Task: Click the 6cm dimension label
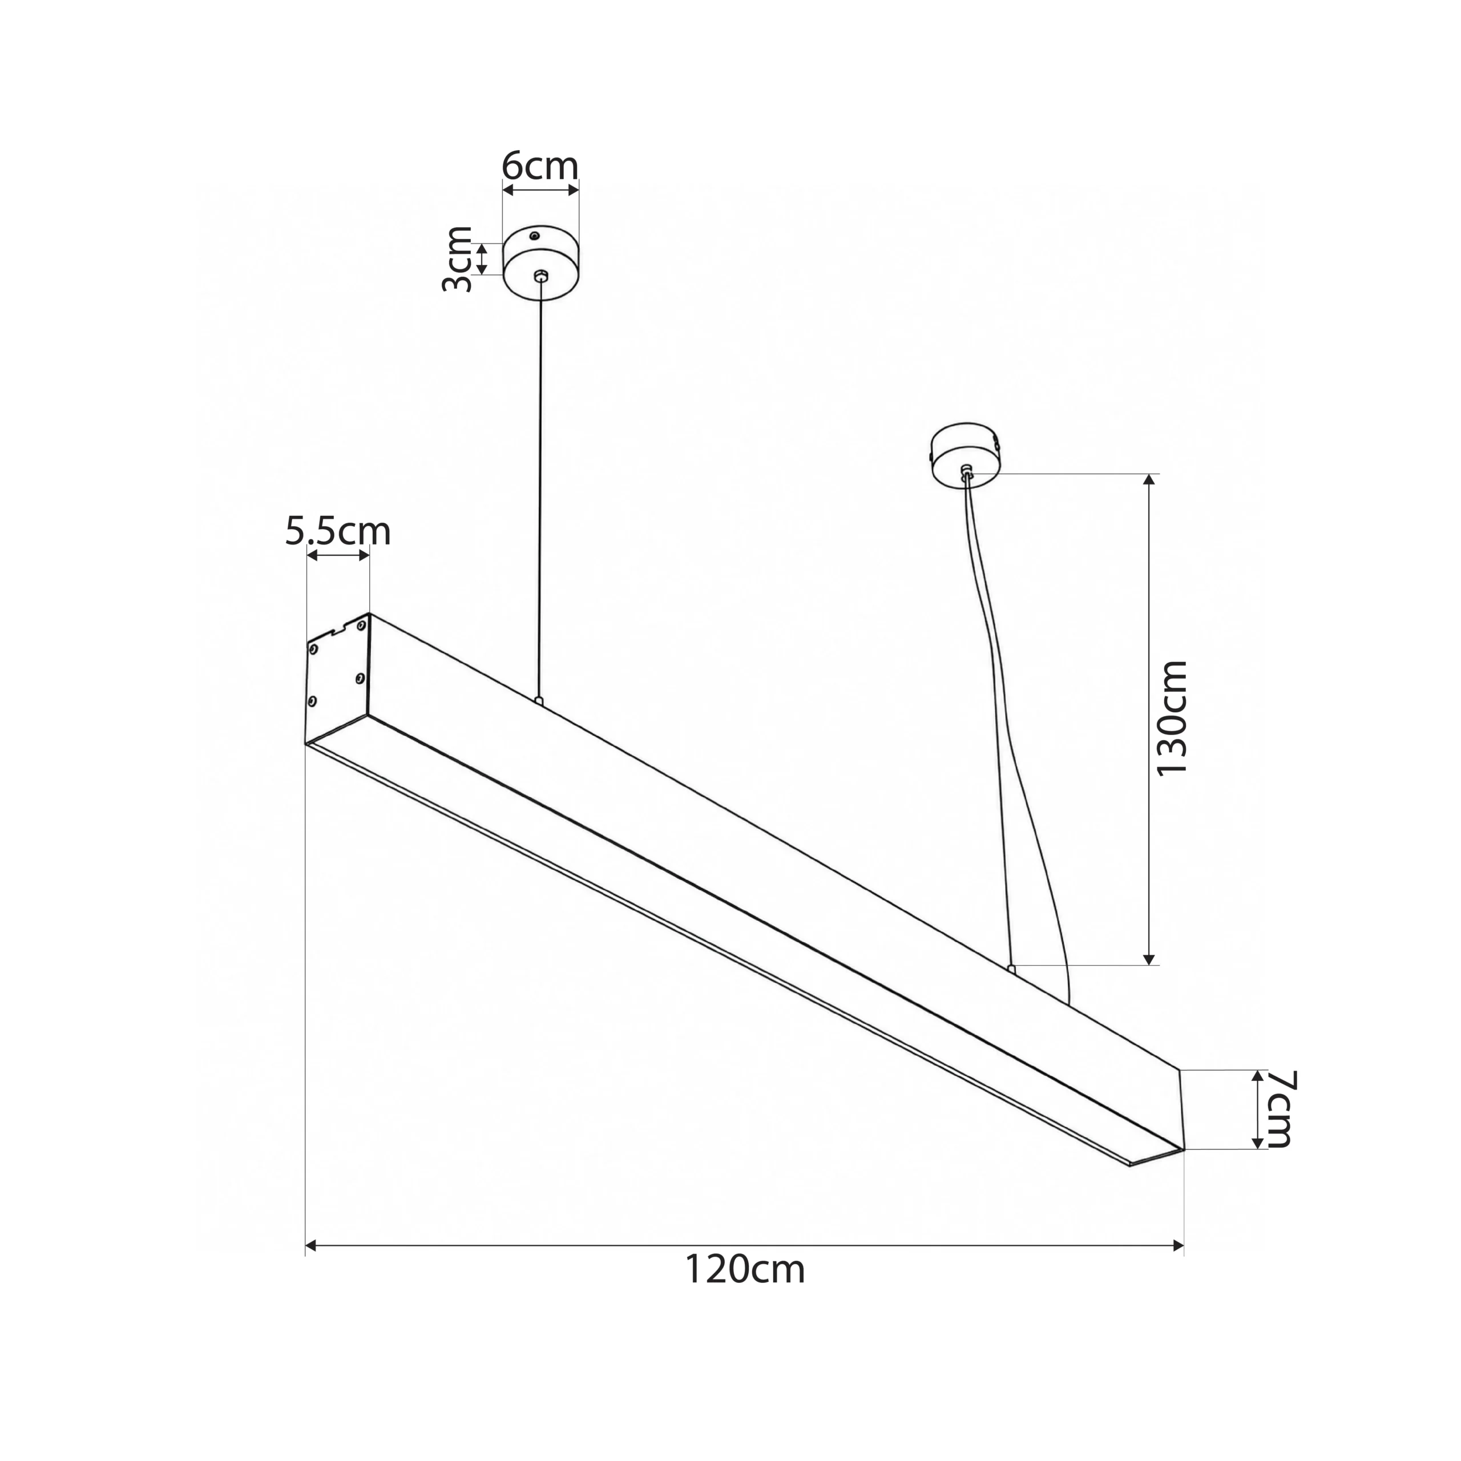click(x=540, y=167)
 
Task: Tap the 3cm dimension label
click(x=458, y=259)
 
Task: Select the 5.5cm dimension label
click(x=338, y=532)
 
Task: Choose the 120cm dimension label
click(x=745, y=1270)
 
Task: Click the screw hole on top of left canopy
click(x=535, y=237)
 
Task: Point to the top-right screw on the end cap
click(x=361, y=625)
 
